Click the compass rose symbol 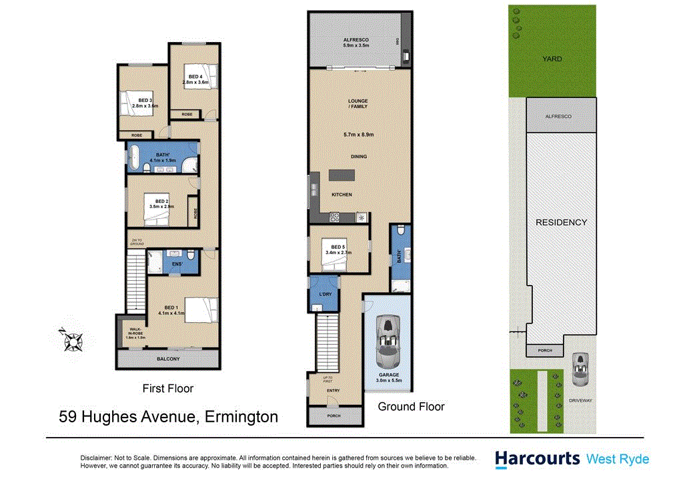(70, 340)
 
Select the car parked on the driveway (581, 369)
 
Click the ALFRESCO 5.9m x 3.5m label (356, 43)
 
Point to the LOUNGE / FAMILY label (358, 104)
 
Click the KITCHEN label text (341, 194)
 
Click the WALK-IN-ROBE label (135, 334)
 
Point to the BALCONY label (168, 359)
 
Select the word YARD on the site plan (552, 59)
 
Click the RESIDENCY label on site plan (561, 222)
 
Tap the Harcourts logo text (537, 458)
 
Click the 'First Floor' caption (168, 388)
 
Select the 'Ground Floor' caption (411, 406)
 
